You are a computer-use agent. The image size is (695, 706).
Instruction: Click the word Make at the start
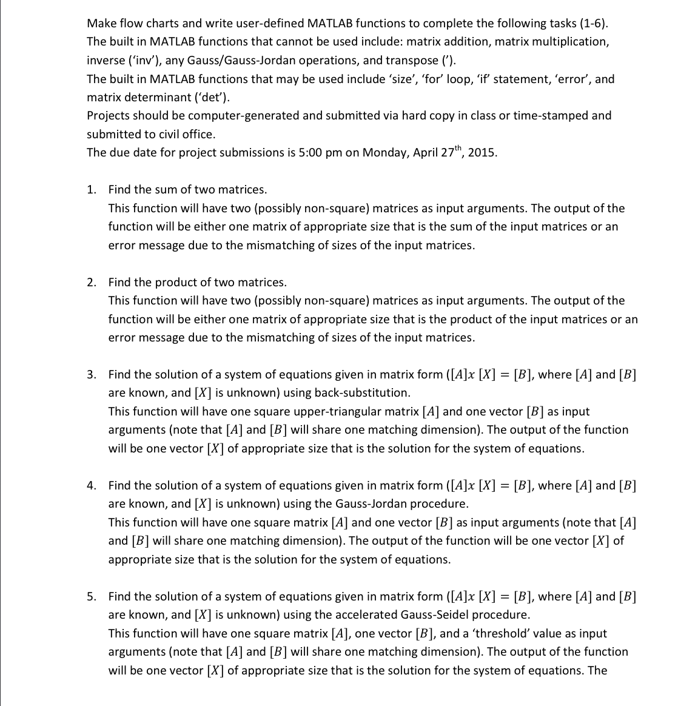pos(101,24)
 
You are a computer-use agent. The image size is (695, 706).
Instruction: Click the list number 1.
pos(91,190)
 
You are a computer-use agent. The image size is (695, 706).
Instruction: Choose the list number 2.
pos(91,283)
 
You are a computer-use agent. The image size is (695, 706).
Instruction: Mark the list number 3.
pos(91,375)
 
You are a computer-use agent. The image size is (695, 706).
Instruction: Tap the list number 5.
pos(91,597)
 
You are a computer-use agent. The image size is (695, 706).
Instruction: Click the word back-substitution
pos(362,393)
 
